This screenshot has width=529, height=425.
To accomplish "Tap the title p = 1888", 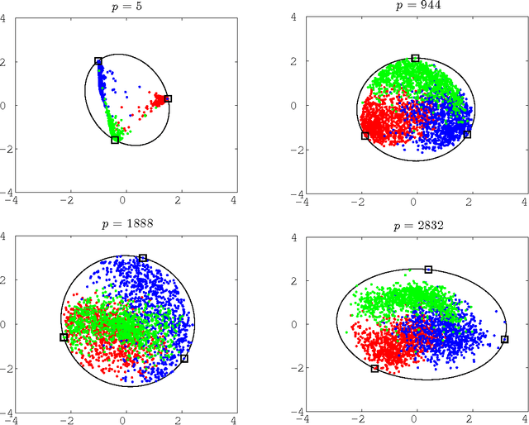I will (x=125, y=223).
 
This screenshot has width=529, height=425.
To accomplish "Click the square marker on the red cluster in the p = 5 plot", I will (x=168, y=98).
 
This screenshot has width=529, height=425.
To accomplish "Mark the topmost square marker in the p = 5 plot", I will (x=98, y=61).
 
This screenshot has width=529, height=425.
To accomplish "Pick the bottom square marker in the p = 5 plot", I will (x=115, y=140).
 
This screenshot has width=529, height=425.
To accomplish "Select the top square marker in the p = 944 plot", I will (x=415, y=58).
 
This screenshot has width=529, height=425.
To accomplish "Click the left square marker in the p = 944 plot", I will (x=365, y=136).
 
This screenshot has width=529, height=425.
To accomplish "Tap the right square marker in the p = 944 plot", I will (x=467, y=134).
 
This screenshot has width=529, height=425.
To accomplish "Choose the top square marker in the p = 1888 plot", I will (x=143, y=258).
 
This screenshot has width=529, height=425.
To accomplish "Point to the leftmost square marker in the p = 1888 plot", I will (x=64, y=337).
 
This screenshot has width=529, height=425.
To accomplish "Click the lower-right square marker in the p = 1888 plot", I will (x=184, y=358).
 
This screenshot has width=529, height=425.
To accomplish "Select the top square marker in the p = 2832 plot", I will (x=428, y=270).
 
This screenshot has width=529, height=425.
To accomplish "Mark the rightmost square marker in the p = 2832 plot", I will (x=505, y=339).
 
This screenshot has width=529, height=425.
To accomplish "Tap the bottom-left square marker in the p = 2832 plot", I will (x=374, y=369).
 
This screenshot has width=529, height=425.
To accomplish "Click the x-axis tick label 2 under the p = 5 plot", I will (x=179, y=199).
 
